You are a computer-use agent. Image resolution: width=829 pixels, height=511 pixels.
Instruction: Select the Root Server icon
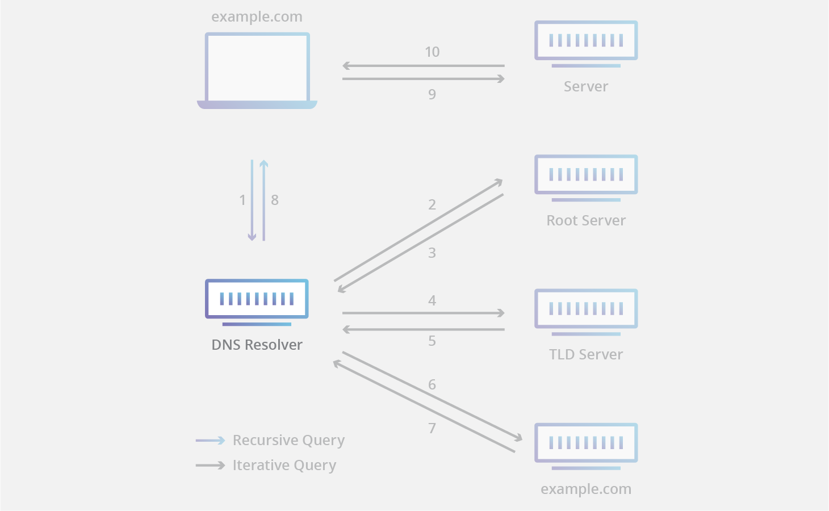[586, 176]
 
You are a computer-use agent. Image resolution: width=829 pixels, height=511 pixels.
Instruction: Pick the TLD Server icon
[586, 310]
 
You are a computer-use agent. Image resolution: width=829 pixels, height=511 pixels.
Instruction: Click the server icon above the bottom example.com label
[586, 444]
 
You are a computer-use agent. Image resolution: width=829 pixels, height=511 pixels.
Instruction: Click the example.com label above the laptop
[257, 17]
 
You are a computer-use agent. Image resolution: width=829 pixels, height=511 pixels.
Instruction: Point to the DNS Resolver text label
[257, 345]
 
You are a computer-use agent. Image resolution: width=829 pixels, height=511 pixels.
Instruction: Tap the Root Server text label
[586, 220]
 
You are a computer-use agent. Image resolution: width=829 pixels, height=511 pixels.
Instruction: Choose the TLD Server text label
[586, 354]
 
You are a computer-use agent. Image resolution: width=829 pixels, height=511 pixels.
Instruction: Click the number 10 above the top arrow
[432, 52]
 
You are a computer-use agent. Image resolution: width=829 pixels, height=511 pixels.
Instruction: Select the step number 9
[432, 94]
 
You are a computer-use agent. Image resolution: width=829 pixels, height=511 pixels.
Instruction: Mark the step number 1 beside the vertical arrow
[242, 200]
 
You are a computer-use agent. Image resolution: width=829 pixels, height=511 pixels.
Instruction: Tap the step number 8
[275, 200]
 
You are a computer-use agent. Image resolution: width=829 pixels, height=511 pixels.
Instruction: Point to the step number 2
[432, 204]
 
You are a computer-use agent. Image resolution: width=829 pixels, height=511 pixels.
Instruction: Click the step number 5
[432, 341]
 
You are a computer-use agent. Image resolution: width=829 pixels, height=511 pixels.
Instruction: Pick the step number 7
[432, 428]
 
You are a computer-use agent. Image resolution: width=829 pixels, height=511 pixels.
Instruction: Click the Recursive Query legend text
[288, 440]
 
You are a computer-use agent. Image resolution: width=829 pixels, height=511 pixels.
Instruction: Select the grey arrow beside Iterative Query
[210, 465]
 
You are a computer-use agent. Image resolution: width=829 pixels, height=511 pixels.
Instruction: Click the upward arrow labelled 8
[263, 200]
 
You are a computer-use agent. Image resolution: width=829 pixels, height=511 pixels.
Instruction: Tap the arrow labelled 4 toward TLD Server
[423, 313]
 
